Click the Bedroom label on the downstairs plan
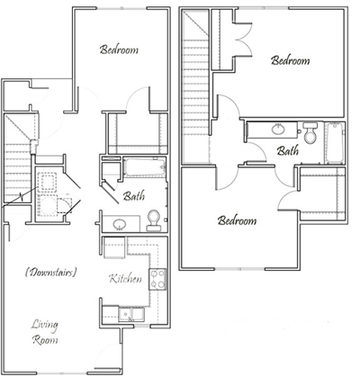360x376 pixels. [119, 50]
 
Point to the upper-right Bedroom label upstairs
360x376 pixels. [290, 61]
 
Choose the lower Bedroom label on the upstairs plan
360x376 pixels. [237, 219]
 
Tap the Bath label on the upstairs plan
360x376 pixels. [288, 151]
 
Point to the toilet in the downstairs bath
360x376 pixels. [154, 219]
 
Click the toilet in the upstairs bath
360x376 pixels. [310, 136]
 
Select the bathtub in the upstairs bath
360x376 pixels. [335, 139]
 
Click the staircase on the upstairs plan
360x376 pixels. [196, 108]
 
